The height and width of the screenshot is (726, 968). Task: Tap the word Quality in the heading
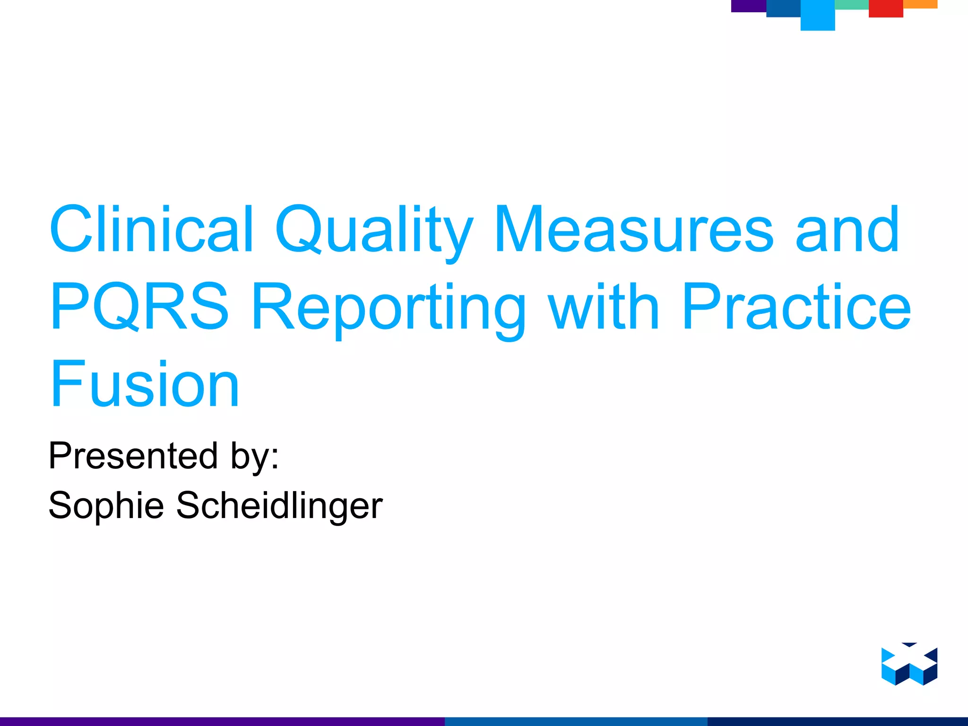(x=373, y=232)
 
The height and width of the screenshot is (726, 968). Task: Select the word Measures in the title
(x=633, y=230)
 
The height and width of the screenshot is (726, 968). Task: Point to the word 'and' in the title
(x=847, y=230)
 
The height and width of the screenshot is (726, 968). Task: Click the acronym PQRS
(x=140, y=307)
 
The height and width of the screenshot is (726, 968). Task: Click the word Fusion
(x=145, y=384)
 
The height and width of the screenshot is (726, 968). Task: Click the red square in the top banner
(x=886, y=9)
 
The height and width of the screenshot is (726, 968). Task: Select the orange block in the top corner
(x=920, y=4)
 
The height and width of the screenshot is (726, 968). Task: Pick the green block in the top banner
(x=852, y=4)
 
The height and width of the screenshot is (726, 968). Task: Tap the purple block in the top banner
(x=749, y=6)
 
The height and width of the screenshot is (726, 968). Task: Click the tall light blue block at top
(x=818, y=15)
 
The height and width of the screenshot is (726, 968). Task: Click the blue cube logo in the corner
(x=909, y=664)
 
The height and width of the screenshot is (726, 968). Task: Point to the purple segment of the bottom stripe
(x=222, y=721)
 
